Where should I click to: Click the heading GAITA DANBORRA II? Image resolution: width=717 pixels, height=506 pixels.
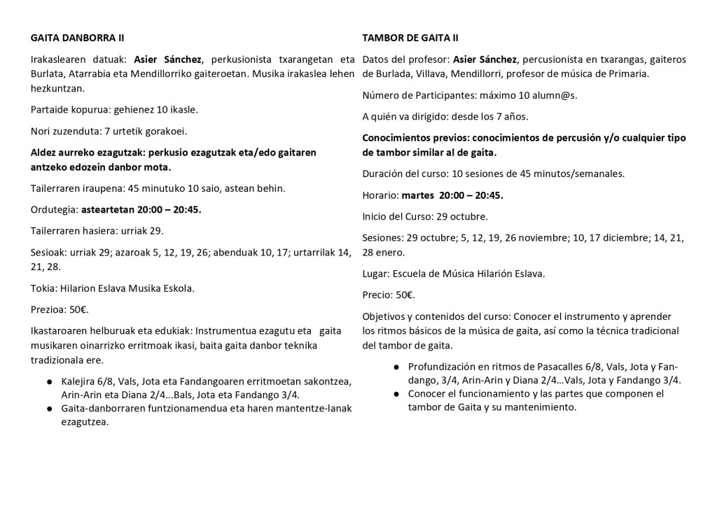[78, 37]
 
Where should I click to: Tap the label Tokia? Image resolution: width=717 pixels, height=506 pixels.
[46, 288]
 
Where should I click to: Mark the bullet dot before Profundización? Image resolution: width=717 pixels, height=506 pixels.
[396, 367]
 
